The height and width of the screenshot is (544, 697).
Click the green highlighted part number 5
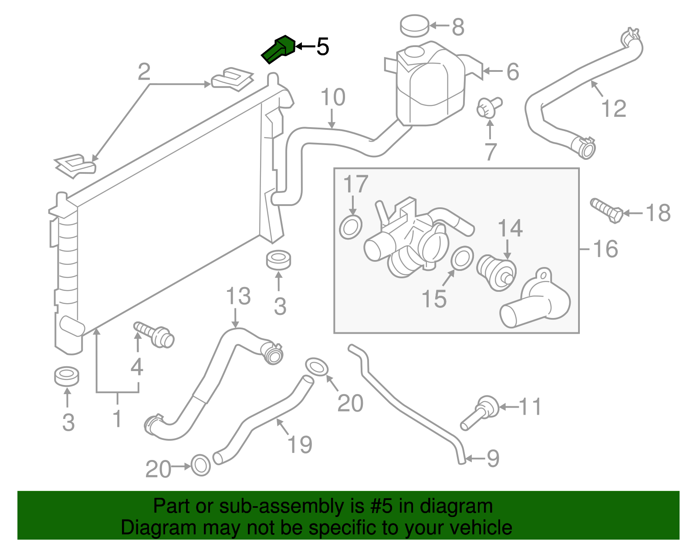[x=279, y=49]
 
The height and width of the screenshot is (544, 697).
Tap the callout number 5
[x=322, y=47]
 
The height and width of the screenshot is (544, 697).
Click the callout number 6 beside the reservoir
[x=513, y=72]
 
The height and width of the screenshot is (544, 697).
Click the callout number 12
[x=613, y=108]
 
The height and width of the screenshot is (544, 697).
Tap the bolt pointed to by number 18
[x=607, y=210]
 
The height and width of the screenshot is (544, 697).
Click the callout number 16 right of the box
[x=606, y=249]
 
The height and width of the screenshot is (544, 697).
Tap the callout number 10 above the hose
[x=333, y=98]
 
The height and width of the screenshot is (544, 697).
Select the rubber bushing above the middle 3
[x=279, y=260]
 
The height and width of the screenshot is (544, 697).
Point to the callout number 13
[x=238, y=297]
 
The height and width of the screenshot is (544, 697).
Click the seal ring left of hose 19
[x=201, y=466]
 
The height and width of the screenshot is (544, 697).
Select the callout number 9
[x=493, y=458]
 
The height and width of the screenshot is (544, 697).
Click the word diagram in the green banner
[x=466, y=507]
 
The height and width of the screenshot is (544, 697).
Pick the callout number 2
[x=144, y=72]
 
